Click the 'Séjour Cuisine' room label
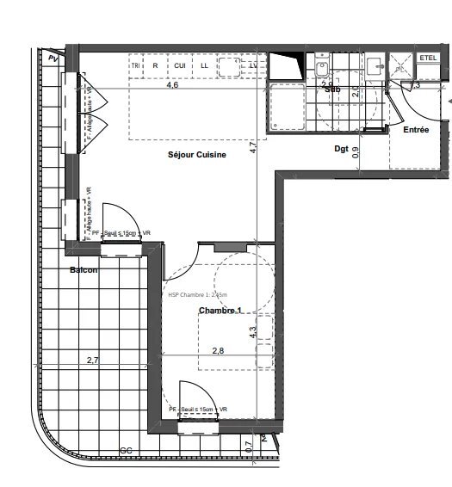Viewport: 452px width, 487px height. pyautogui.click(x=197, y=155)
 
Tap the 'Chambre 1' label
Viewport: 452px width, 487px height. pyautogui.click(x=221, y=311)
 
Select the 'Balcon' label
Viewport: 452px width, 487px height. pyautogui.click(x=84, y=270)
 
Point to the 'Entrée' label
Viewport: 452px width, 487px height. pyautogui.click(x=417, y=129)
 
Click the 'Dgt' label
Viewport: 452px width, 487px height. pyautogui.click(x=342, y=149)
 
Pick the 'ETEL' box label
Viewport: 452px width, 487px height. pyautogui.click(x=428, y=58)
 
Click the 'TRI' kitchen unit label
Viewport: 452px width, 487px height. pyautogui.click(x=135, y=65)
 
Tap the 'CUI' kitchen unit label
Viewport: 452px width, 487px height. pyautogui.click(x=180, y=65)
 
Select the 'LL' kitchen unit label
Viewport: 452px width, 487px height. pyautogui.click(x=205, y=65)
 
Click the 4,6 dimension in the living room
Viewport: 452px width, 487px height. pyautogui.click(x=172, y=85)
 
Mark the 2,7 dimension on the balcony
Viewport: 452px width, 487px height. pyautogui.click(x=92, y=362)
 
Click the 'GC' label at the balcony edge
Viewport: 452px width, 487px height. pyautogui.click(x=126, y=451)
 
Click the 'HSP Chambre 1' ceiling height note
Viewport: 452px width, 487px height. pyautogui.click(x=199, y=295)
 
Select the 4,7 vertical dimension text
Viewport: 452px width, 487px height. pyautogui.click(x=252, y=147)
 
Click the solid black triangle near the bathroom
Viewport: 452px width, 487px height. pyautogui.click(x=287, y=66)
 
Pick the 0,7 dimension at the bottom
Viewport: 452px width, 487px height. pyautogui.click(x=249, y=447)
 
